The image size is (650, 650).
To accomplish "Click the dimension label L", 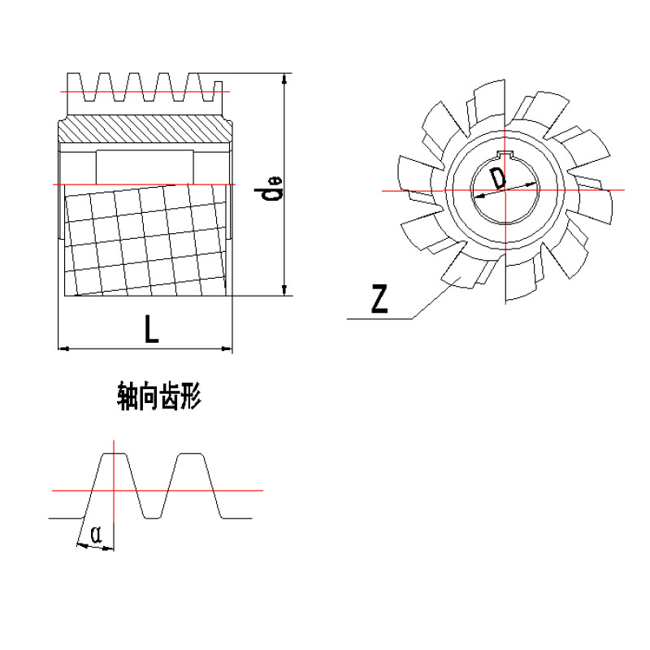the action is click(152, 329).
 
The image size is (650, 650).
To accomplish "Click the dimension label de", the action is click(268, 188).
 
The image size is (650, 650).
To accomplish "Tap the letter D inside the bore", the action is click(498, 178).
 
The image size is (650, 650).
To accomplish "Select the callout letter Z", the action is click(379, 298).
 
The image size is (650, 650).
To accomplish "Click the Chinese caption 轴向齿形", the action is click(159, 396).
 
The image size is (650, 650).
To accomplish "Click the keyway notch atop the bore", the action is click(505, 154).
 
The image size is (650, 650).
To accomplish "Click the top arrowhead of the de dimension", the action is click(284, 78).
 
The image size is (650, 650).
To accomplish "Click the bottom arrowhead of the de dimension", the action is click(284, 291).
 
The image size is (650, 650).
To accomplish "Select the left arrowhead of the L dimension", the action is click(63, 349).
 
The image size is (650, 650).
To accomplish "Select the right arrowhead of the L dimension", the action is click(227, 349).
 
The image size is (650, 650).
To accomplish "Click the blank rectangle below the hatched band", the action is click(145, 167).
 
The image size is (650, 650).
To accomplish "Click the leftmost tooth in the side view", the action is click(75, 87).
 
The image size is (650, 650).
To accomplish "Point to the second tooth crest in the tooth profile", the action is click(190, 454).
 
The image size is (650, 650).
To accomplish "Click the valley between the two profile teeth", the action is click(152, 518).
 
